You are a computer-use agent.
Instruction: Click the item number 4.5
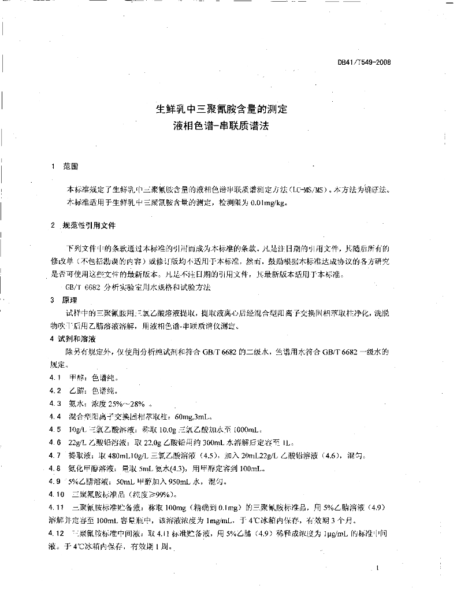point(55,430)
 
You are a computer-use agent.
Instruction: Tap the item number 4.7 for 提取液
point(55,456)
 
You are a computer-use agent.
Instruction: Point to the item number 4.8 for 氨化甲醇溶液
point(55,468)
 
